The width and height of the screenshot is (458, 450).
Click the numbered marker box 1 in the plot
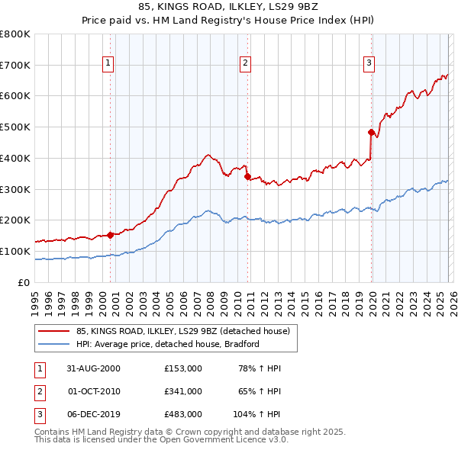pyautogui.click(x=108, y=63)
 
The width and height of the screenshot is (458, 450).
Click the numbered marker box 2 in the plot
pyautogui.click(x=246, y=63)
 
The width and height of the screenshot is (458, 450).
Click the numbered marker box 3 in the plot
pyautogui.click(x=369, y=63)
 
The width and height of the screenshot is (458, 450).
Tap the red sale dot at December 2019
pyautogui.click(x=371, y=132)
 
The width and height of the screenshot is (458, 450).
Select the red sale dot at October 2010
pyautogui.click(x=247, y=176)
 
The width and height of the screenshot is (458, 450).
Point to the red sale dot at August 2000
pyautogui.click(x=111, y=235)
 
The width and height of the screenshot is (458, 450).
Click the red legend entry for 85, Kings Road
pyautogui.click(x=182, y=332)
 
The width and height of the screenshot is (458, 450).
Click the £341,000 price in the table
pyautogui.click(x=183, y=391)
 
